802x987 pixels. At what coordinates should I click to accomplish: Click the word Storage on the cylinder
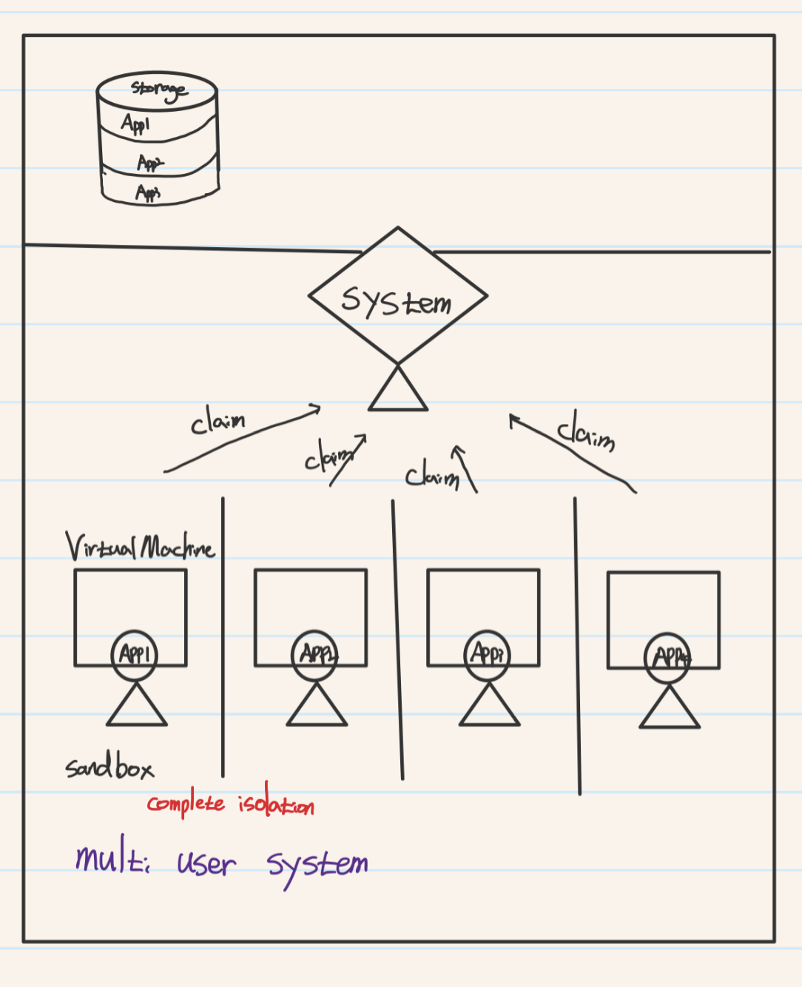point(159,90)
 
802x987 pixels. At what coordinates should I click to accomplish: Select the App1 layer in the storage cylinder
point(136,124)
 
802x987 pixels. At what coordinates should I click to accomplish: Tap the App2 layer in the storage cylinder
point(150,163)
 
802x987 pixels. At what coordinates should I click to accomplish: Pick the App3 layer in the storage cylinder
point(148,193)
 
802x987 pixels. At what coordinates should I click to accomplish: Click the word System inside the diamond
point(397,300)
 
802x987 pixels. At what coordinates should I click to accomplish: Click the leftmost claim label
point(218,422)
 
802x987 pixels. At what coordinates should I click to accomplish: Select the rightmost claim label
point(586,431)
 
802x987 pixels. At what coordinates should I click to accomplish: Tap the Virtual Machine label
point(140,548)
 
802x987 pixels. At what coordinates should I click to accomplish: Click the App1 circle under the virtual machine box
point(134,654)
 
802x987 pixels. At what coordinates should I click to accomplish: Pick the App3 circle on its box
point(488,654)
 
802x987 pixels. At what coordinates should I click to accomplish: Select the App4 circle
point(668,656)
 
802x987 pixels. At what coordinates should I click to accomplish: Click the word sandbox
point(109,767)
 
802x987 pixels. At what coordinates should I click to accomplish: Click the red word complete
point(186,804)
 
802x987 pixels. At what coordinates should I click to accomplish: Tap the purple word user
point(206,863)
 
